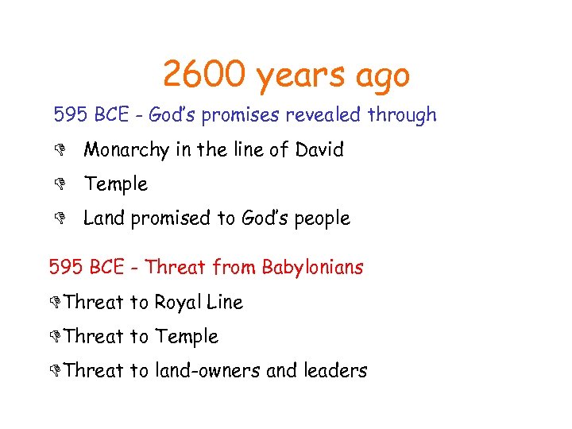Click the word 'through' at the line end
point(402,115)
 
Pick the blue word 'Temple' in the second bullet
point(116,184)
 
